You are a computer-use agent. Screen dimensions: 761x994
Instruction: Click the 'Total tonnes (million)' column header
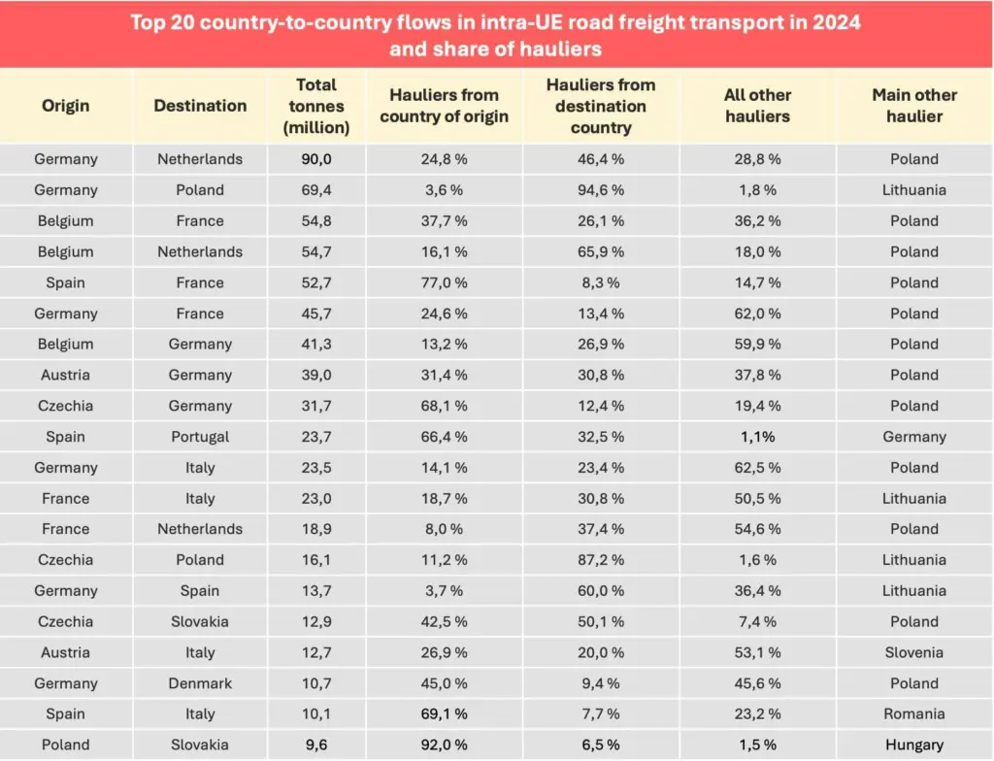[316, 106]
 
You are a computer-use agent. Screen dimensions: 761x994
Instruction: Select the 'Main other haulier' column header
[913, 106]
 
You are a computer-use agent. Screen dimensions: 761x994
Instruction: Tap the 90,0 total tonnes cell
[316, 159]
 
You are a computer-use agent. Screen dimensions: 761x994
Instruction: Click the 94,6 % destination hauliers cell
[601, 190]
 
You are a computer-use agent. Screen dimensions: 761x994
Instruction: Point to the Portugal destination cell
[200, 437]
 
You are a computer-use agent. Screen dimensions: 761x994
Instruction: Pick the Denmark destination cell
[200, 683]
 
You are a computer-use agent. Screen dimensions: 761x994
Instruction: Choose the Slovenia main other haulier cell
[913, 652]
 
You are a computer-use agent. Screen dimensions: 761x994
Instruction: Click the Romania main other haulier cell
[913, 714]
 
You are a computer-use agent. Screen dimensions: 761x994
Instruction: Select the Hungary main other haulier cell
[913, 745]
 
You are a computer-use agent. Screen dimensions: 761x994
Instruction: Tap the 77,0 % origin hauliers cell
[444, 282]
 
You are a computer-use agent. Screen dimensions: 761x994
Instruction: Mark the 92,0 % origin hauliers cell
[444, 745]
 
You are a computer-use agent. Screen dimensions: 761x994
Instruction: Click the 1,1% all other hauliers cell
[757, 437]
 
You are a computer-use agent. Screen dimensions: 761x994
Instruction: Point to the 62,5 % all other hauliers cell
[757, 468]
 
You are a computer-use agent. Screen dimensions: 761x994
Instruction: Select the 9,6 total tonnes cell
[316, 745]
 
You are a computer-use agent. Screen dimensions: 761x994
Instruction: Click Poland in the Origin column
[65, 745]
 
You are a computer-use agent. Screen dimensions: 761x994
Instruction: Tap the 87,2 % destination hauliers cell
[601, 560]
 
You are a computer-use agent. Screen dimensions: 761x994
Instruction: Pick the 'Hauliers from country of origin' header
[444, 106]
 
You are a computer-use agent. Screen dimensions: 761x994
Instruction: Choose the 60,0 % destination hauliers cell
[601, 591]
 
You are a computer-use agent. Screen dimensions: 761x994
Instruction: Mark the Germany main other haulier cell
[913, 437]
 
